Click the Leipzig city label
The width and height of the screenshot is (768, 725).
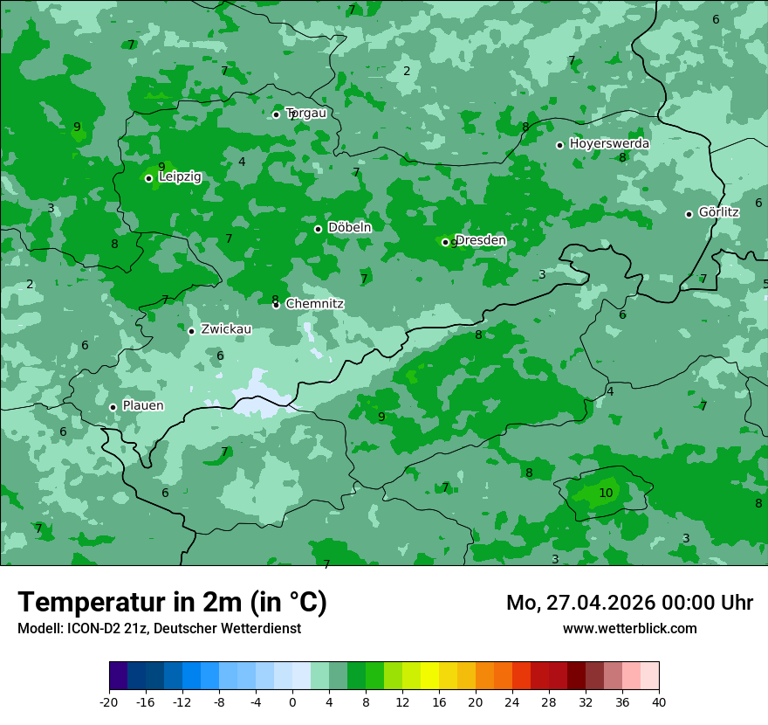point(180,176)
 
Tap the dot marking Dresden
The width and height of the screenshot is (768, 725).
point(445,242)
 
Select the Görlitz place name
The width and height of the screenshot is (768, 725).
point(718,212)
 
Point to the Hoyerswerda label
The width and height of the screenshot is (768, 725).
point(609,143)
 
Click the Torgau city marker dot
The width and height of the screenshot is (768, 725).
point(276,114)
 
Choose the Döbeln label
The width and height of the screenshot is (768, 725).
point(349,227)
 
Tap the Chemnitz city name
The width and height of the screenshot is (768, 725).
point(314,304)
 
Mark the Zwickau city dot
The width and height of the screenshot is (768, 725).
point(191,331)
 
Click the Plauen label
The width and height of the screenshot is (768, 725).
point(142,405)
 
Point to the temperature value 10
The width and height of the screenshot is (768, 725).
point(606,494)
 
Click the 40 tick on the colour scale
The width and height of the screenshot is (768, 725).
point(658,701)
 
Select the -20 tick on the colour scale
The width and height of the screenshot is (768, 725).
point(109,701)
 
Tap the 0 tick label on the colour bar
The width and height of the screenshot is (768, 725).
point(292,701)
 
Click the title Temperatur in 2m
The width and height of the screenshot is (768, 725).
point(172,602)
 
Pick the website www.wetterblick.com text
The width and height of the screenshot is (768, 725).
point(629,628)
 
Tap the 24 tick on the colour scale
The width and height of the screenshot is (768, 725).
point(512,701)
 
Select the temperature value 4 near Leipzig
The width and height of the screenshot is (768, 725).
point(242,162)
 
